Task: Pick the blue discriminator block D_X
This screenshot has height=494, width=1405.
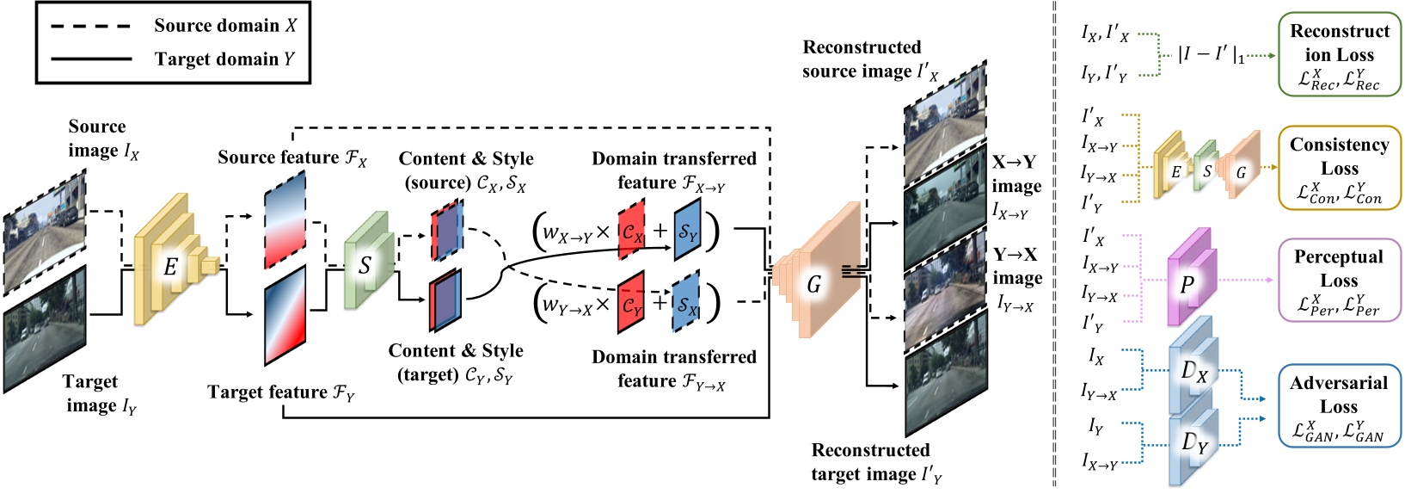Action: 1192,370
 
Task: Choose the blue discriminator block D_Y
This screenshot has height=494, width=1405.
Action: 1192,443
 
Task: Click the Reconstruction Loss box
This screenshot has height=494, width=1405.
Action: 1339,54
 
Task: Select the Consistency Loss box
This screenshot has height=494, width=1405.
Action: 1339,169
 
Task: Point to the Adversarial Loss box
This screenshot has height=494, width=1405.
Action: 1339,406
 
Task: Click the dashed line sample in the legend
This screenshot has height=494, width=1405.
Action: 91,26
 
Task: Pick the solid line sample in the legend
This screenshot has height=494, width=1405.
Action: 91,59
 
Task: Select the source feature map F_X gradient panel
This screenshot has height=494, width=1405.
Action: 285,219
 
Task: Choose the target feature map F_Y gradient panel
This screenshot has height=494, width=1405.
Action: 285,315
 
